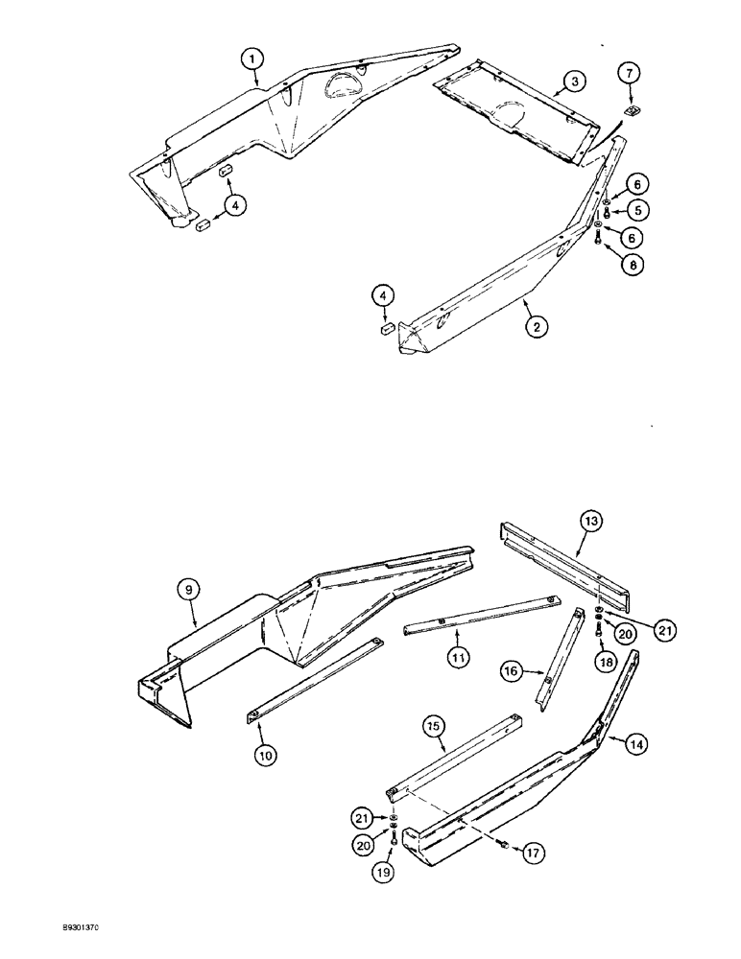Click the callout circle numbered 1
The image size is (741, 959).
tap(251, 59)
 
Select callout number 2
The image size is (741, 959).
tap(536, 327)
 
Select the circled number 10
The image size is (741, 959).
tap(265, 754)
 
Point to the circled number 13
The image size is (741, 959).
tap(591, 522)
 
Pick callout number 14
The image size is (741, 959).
tap(633, 740)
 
